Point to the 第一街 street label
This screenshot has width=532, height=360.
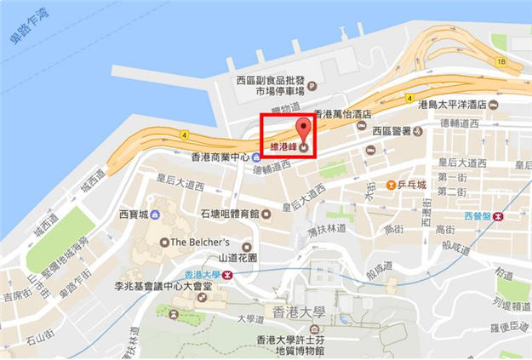[x=453, y=178]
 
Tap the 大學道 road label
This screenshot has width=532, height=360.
[x=251, y=319]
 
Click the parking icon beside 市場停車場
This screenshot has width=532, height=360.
[x=312, y=85]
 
